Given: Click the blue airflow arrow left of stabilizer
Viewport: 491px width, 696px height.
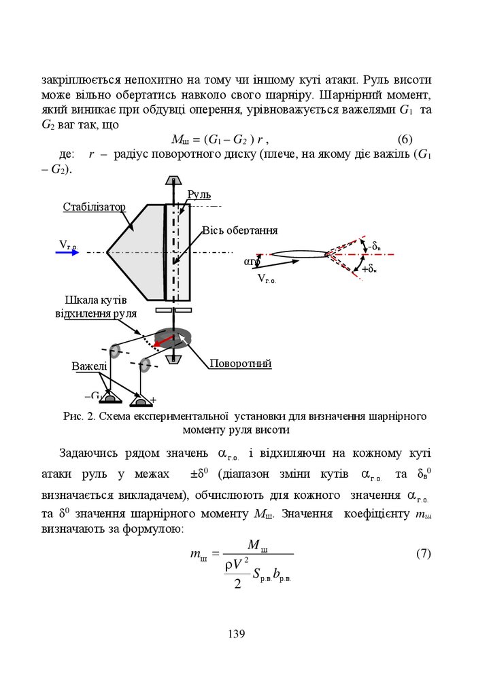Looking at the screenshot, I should (x=67, y=252).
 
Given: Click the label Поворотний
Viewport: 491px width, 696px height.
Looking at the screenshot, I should (x=240, y=364).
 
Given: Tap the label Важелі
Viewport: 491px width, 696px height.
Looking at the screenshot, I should (x=89, y=366).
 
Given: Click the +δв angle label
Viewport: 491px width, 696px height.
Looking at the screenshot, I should (x=369, y=270).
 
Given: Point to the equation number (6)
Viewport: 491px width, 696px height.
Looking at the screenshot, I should (x=405, y=140).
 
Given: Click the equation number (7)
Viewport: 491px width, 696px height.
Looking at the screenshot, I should (x=423, y=553).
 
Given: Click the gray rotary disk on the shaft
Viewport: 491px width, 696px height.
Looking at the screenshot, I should (x=174, y=337).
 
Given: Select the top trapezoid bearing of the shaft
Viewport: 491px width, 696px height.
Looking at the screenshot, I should (x=174, y=181).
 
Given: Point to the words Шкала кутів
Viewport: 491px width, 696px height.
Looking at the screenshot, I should (x=95, y=301).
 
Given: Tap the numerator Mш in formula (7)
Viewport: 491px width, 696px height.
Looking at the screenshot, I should (x=258, y=544).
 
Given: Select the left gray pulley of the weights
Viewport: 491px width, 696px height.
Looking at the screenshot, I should (x=114, y=351).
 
